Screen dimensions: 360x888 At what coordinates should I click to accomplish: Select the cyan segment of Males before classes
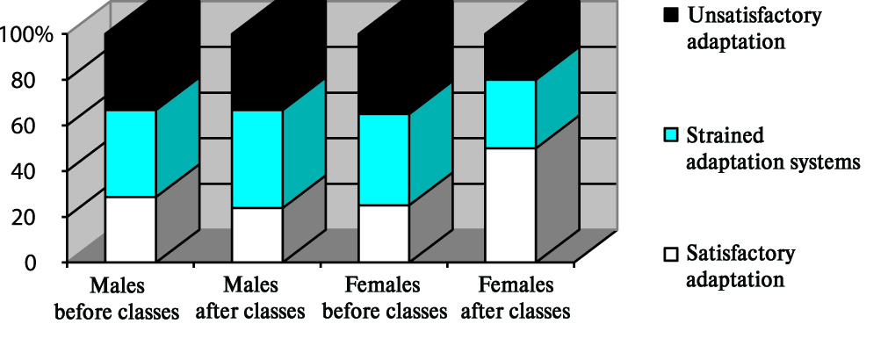[x=130, y=154]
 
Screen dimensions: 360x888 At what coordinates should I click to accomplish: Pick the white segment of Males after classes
[x=256, y=234]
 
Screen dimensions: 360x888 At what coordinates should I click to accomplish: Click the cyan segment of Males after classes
[x=256, y=159]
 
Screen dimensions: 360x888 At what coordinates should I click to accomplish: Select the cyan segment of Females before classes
[x=384, y=160]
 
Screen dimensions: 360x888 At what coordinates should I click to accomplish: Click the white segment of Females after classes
[x=510, y=205]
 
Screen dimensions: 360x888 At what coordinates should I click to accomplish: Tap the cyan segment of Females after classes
[x=510, y=114]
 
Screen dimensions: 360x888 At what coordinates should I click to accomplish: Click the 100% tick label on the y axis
[x=27, y=34]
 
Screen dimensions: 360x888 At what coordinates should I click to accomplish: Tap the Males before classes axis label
[x=117, y=299]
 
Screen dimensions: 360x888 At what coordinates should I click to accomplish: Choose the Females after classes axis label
[x=516, y=299]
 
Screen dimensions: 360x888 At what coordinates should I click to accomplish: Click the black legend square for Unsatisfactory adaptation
[x=672, y=15]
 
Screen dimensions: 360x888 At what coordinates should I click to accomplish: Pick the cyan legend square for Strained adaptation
[x=672, y=136]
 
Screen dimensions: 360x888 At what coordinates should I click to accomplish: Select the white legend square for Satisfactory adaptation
[x=672, y=255]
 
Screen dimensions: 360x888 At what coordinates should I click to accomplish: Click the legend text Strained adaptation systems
[x=771, y=149]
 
